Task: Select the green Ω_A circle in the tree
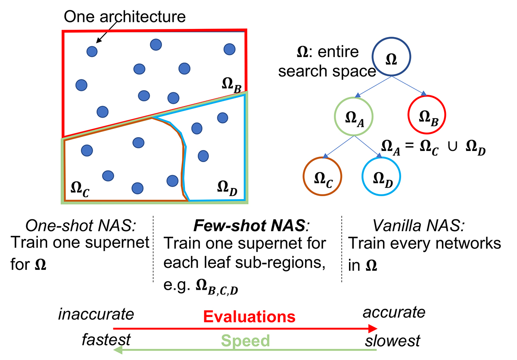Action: click(x=353, y=117)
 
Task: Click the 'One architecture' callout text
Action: click(x=125, y=17)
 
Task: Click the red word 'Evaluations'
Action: click(x=249, y=317)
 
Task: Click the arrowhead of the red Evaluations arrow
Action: click(x=373, y=329)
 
